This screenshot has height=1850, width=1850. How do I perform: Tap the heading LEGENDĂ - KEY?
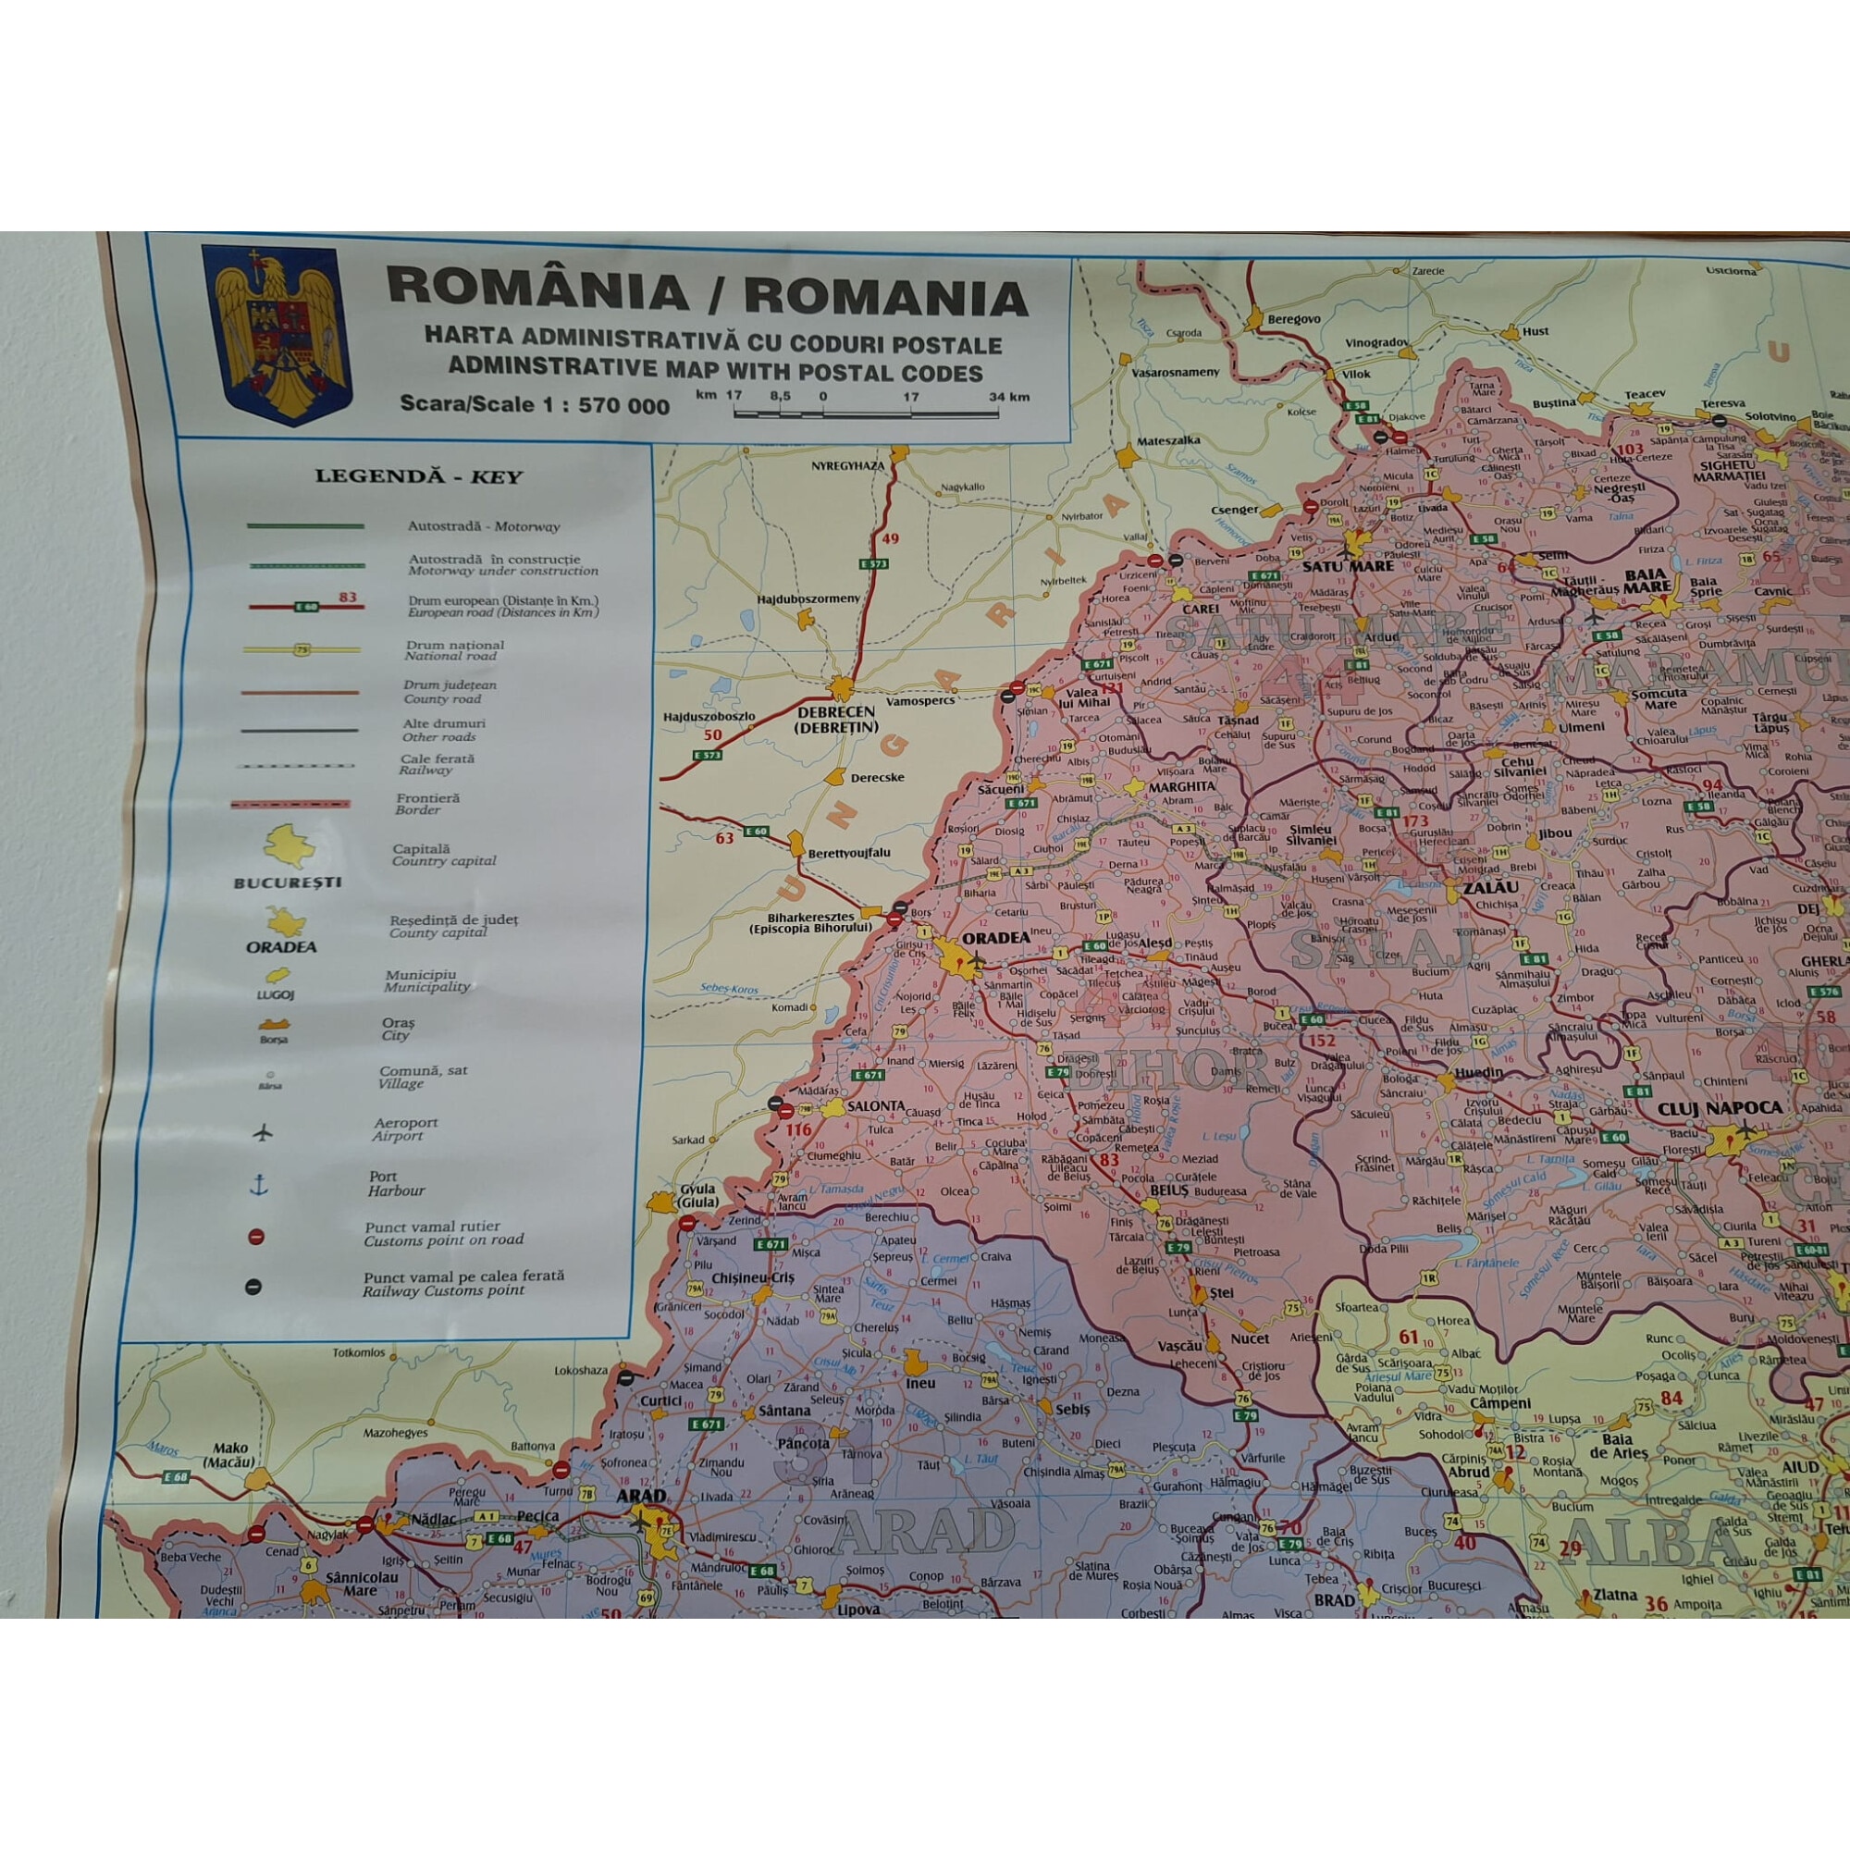(x=418, y=477)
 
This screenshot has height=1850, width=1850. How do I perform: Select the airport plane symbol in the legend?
(x=264, y=1132)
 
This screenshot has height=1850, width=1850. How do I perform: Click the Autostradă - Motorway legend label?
(x=484, y=526)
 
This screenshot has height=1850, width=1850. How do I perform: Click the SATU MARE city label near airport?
(x=1346, y=566)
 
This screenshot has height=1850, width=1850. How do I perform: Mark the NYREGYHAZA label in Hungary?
(x=847, y=465)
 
